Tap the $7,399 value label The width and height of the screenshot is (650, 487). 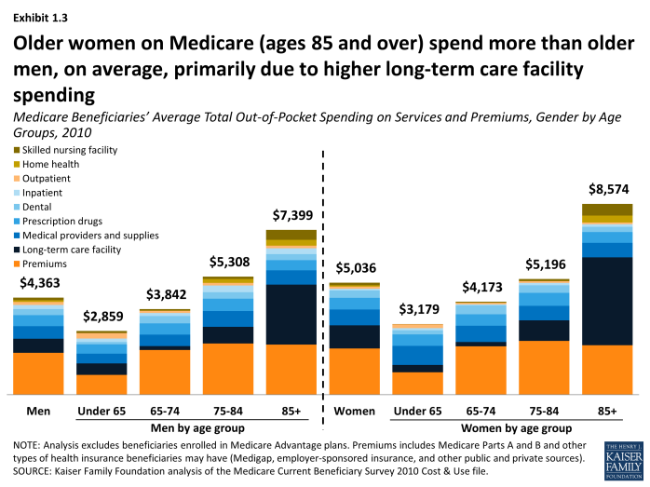click(291, 213)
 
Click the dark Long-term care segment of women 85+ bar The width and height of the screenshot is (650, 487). click(606, 300)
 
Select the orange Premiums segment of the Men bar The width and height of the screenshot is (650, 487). click(38, 372)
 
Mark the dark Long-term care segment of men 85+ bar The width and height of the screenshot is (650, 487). click(291, 314)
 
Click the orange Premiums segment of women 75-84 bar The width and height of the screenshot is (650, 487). click(544, 367)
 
